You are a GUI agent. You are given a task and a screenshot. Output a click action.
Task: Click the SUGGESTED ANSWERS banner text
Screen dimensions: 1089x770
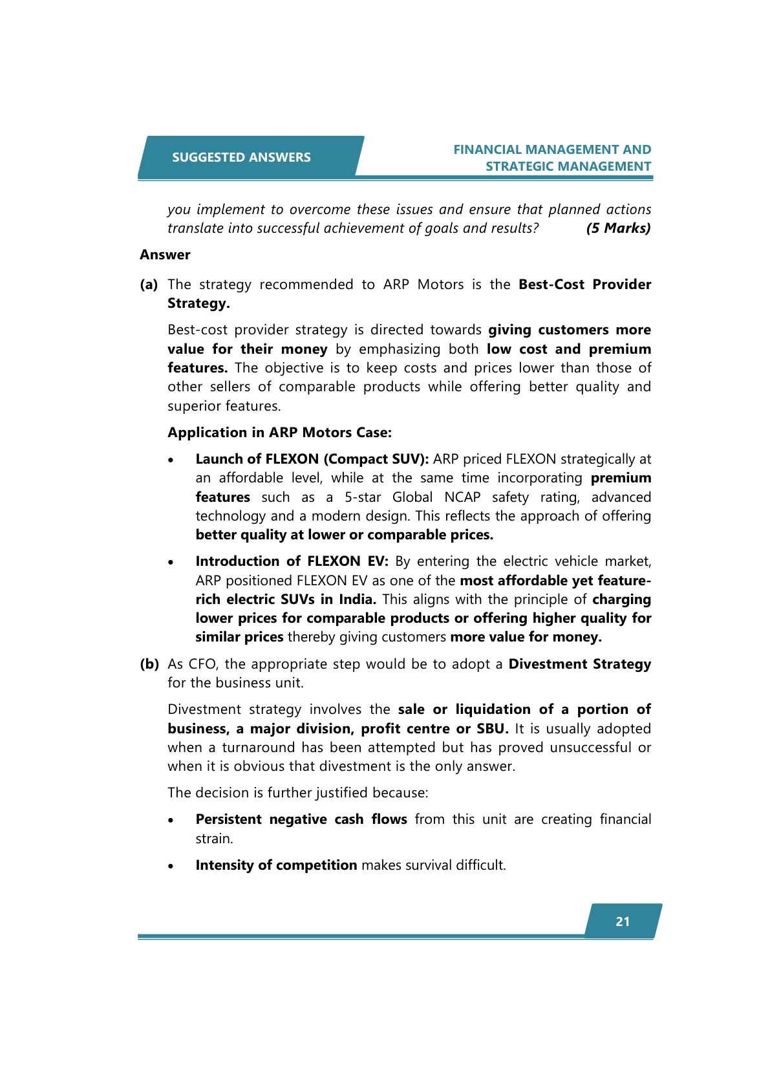[241, 157]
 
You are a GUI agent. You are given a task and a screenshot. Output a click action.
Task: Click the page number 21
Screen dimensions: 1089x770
[623, 922]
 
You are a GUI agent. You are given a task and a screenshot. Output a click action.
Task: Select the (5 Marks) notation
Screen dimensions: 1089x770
[618, 228]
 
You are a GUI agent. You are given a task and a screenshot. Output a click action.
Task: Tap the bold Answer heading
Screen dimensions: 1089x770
[165, 255]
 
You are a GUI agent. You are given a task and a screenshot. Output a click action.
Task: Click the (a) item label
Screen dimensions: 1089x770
[149, 285]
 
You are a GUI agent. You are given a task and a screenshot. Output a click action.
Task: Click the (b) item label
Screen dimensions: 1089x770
[149, 664]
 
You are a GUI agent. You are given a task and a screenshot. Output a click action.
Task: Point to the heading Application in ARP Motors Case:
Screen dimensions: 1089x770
[279, 433]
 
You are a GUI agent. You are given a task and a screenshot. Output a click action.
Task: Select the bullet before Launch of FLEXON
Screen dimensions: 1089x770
[171, 460]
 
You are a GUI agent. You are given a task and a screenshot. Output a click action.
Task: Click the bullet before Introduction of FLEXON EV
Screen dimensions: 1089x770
[171, 563]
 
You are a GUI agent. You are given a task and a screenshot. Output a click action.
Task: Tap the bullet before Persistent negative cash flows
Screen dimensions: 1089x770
[171, 821]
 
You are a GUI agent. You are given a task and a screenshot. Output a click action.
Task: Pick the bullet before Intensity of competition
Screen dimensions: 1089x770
[171, 867]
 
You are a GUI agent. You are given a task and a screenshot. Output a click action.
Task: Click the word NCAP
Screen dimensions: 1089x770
[462, 497]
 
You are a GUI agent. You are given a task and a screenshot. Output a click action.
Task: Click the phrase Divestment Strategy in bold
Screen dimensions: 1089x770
[579, 664]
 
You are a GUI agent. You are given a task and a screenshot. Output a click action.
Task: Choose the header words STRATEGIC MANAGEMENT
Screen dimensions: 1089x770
[568, 166]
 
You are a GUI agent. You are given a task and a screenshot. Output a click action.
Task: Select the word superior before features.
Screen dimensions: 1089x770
[192, 406]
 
